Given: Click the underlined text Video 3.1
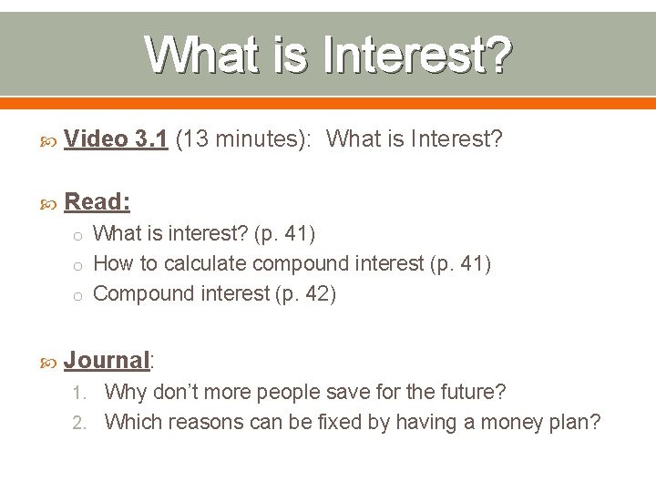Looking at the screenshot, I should click(x=116, y=139).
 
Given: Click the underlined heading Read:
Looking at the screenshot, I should click(x=97, y=201).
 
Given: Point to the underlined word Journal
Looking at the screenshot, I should click(x=107, y=360).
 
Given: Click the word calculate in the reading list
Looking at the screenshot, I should click(x=206, y=264).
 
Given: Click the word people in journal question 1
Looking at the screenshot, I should click(x=292, y=393).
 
